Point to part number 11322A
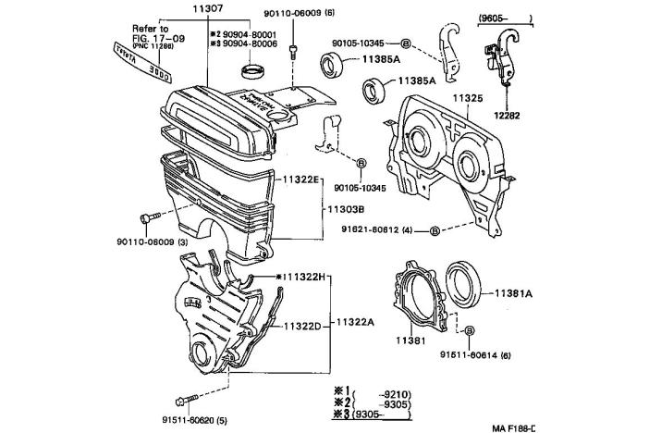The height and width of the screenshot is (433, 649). coord(355,323)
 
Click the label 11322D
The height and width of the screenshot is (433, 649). coord(302,326)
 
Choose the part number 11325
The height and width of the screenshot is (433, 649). coord(469,95)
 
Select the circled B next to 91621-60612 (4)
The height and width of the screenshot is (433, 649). coord(435,229)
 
